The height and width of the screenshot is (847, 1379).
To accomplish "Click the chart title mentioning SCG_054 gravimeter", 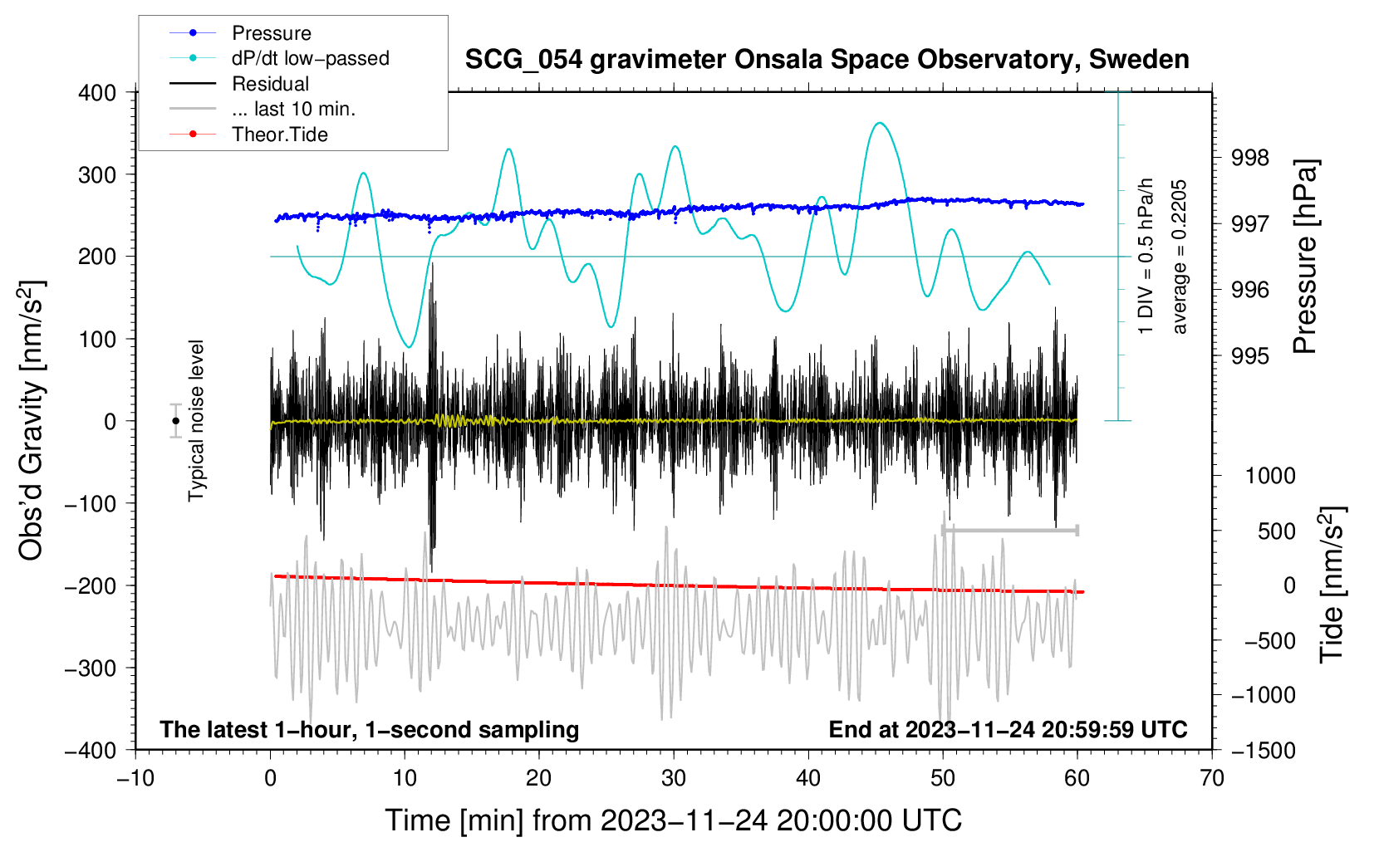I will [827, 60].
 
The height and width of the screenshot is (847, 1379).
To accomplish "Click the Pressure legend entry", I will [271, 33].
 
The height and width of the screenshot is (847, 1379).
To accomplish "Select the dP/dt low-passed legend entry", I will [310, 58].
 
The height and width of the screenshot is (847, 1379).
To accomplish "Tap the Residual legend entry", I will [270, 84].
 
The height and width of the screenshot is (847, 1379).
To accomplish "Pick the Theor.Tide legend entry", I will [279, 135].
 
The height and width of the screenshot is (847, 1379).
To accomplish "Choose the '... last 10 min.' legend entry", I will [293, 109].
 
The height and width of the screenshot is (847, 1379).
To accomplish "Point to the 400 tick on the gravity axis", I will [97, 93].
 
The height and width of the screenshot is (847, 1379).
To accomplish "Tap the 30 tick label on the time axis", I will [673, 778].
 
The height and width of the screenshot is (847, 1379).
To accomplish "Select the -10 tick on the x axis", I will [135, 778].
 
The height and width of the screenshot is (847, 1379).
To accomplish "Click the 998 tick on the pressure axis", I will [1249, 158].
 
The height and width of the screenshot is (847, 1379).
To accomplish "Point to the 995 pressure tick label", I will [1249, 356].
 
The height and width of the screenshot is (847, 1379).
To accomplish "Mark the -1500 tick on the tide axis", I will [1263, 750].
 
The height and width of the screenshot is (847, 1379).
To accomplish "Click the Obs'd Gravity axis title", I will [32, 420].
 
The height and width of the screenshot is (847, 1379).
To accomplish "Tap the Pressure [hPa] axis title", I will [1305, 257].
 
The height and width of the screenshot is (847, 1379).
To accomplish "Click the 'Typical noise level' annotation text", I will [196, 420].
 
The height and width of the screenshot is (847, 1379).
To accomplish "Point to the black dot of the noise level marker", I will [176, 421].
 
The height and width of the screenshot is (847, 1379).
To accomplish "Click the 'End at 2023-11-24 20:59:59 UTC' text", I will [1008, 729].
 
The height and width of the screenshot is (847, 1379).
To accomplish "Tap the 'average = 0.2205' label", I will [1180, 257].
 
